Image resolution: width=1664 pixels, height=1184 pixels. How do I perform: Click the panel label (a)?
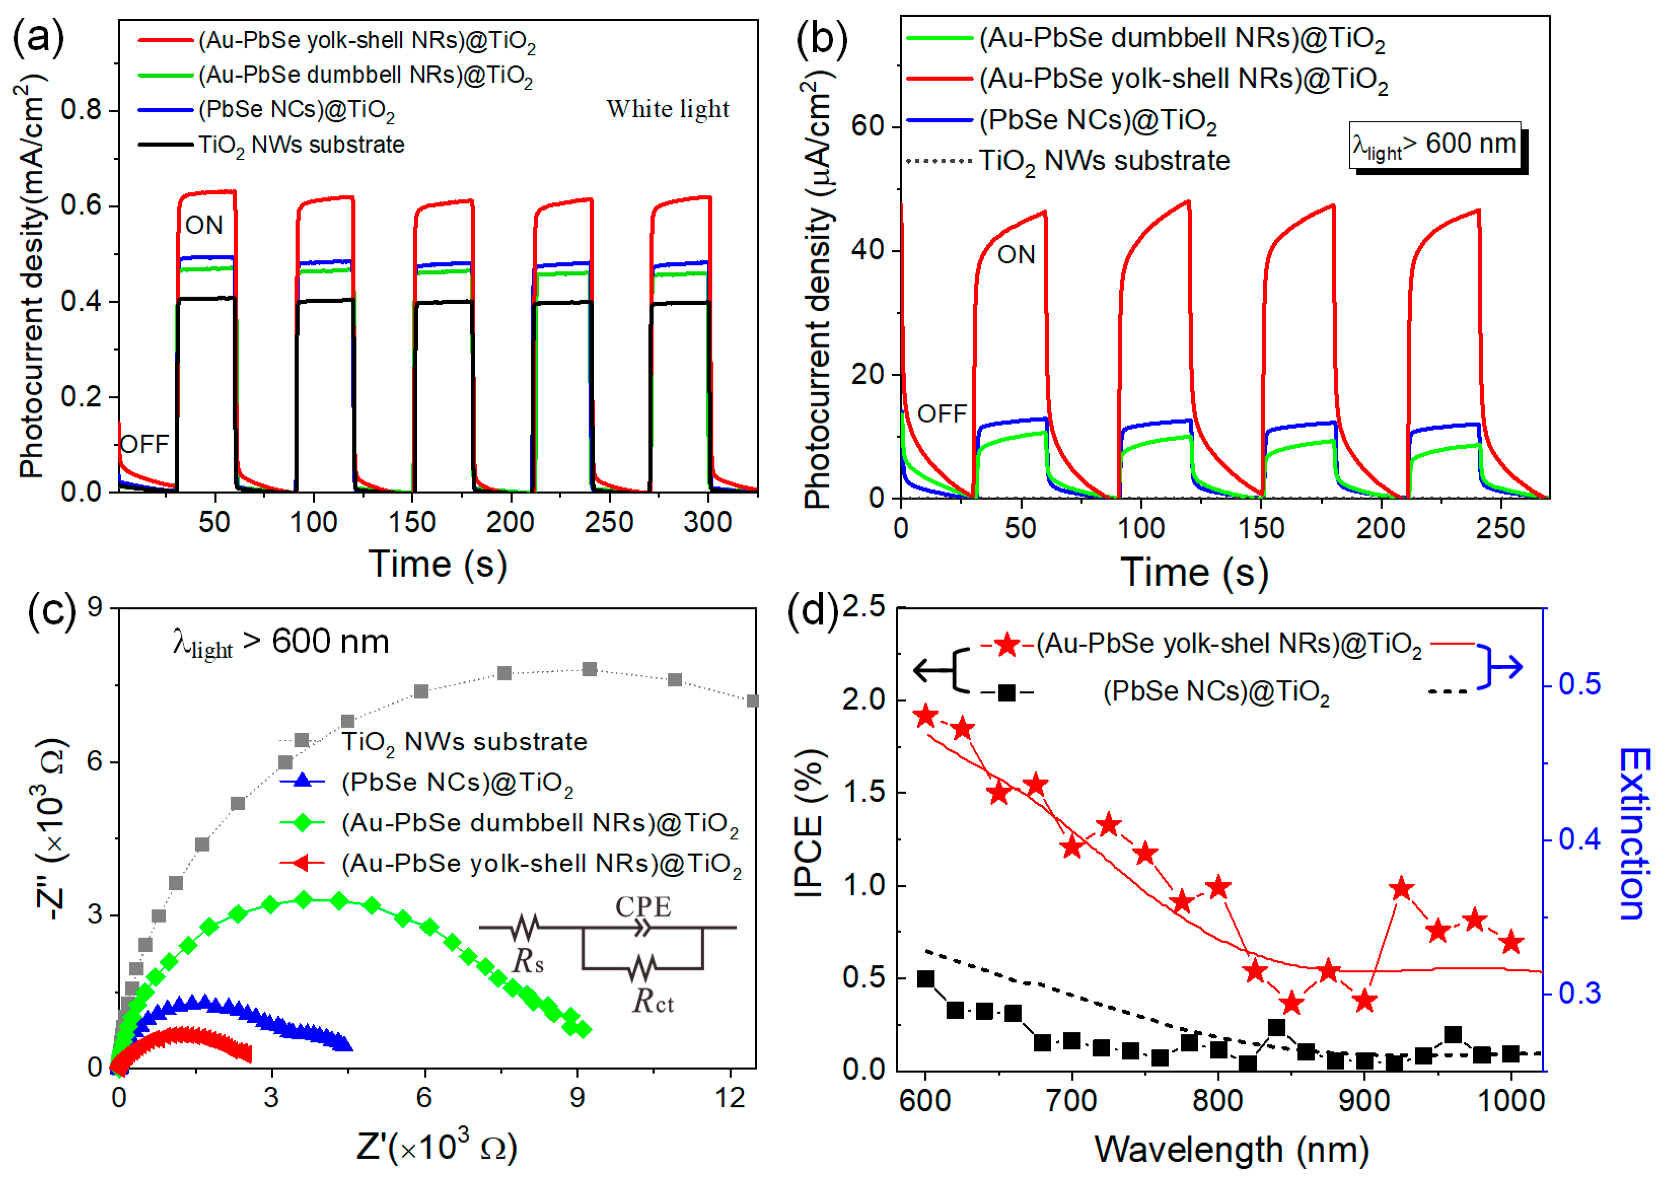[x=38, y=37]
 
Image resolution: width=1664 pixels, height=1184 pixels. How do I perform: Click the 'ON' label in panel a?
[x=204, y=225]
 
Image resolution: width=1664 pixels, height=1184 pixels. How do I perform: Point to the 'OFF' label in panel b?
[x=941, y=414]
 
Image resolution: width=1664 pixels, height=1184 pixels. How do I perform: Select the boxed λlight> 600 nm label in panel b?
[x=1434, y=145]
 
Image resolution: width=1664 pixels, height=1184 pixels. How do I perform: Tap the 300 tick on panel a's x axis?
[x=707, y=522]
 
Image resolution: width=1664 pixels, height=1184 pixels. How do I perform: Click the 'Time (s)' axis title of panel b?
[x=1194, y=572]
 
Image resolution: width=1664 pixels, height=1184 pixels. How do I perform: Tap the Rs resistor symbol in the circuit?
[x=525, y=927]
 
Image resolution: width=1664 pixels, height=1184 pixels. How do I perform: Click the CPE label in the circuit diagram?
[x=642, y=907]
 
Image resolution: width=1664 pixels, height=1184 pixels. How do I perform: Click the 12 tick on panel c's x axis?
[x=730, y=1098]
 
